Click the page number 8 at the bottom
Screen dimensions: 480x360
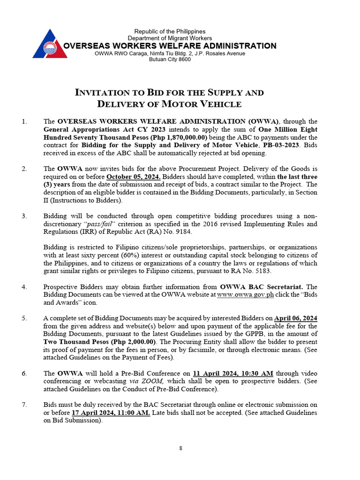(x=180, y=448)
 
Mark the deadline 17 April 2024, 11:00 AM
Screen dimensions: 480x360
(x=111, y=413)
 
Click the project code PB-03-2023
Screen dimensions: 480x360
(x=276, y=145)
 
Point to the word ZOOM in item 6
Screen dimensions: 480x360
(x=159, y=382)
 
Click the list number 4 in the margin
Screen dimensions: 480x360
(x=24, y=287)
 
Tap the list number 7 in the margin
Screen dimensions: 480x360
(x=24, y=405)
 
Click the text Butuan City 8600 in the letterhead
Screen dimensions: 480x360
(x=170, y=60)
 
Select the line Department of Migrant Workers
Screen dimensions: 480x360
(x=170, y=38)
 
